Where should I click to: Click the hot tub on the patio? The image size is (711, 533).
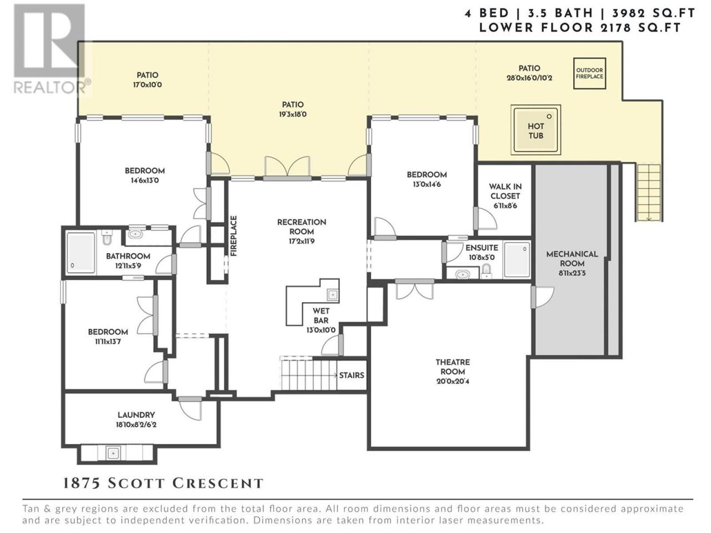pyautogui.click(x=535, y=130)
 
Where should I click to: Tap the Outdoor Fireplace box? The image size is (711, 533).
pyautogui.click(x=589, y=73)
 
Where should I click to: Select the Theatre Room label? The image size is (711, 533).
pyautogui.click(x=453, y=366)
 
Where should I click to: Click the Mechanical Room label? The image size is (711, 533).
pyautogui.click(x=572, y=259)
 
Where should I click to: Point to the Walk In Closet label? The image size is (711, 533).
pyautogui.click(x=505, y=191)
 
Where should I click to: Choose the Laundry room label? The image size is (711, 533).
pyautogui.click(x=136, y=415)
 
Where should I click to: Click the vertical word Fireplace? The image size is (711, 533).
pyautogui.click(x=233, y=236)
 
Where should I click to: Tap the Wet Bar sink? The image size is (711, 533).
pyautogui.click(x=332, y=295)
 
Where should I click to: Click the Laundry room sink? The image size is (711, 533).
pyautogui.click(x=113, y=452)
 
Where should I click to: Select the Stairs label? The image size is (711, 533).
pyautogui.click(x=352, y=375)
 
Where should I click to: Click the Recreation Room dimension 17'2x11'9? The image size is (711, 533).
pyautogui.click(x=302, y=242)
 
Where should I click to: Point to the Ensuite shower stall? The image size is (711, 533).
pyautogui.click(x=517, y=260)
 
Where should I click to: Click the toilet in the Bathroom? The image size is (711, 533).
pyautogui.click(x=107, y=238)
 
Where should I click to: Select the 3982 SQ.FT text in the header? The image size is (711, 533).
pyautogui.click(x=653, y=13)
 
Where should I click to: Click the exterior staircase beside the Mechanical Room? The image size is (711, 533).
pyautogui.click(x=649, y=193)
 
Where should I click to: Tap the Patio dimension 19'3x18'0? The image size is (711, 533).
pyautogui.click(x=293, y=114)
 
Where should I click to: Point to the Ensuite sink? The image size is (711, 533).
pyautogui.click(x=462, y=275)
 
